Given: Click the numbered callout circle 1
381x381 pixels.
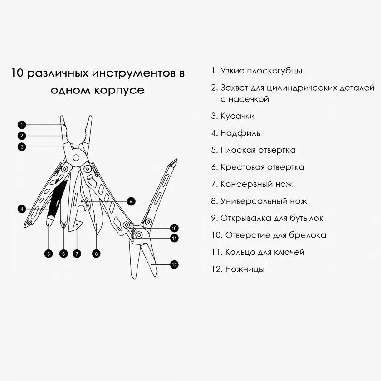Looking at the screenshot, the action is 21,124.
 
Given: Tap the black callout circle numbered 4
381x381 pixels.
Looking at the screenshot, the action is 21,209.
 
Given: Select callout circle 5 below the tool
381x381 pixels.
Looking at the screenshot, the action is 49,254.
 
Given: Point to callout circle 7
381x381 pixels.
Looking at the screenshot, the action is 77,254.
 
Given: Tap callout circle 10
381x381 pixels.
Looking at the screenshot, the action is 174,228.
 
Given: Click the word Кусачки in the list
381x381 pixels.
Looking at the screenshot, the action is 237,116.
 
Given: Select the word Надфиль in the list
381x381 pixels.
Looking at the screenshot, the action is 240,133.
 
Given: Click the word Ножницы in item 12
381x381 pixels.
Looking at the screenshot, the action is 244,269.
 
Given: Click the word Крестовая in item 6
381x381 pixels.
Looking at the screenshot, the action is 240,167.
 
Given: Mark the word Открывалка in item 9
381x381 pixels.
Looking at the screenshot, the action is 245,218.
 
